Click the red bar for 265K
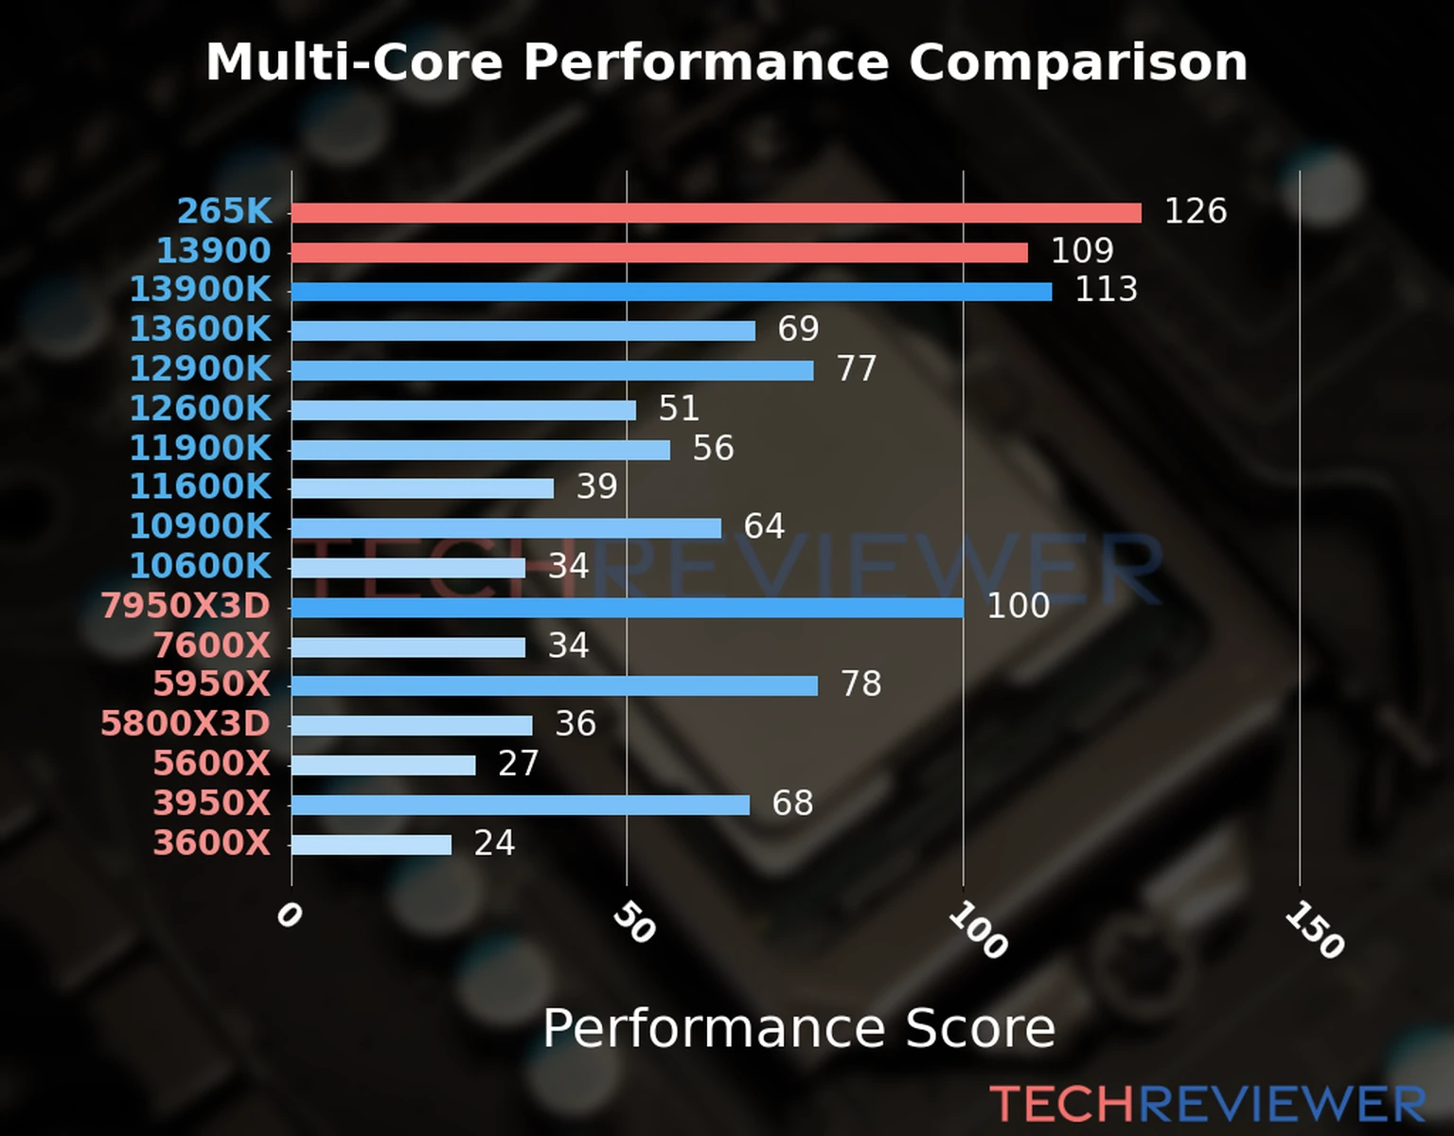[716, 213]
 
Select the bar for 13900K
[671, 292]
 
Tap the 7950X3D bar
[627, 608]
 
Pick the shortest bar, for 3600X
[371, 844]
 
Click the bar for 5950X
[554, 686]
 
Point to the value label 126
[1195, 211]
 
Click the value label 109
[1082, 251]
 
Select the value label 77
[857, 368]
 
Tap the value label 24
[494, 843]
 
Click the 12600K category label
[200, 408]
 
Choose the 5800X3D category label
[186, 724]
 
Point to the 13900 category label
[213, 251]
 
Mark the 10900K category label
[200, 526]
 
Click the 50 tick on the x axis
[633, 923]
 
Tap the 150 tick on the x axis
[1314, 930]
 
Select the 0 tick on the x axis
[289, 915]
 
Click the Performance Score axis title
[798, 1028]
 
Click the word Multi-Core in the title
[354, 62]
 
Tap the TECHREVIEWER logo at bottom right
[1207, 1104]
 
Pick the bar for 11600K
[422, 488]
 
